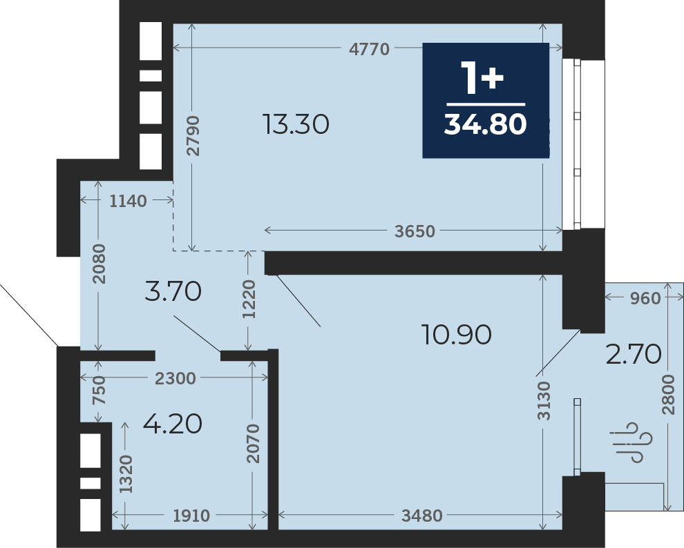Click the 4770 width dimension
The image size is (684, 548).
tap(369, 49)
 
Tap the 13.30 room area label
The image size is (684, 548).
tap(296, 124)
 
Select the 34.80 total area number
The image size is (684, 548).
tap(485, 124)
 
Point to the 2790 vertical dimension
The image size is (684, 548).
tap(192, 136)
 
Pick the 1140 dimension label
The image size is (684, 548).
tap(128, 202)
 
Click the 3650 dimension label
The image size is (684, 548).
tap(415, 231)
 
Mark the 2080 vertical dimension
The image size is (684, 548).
tap(99, 264)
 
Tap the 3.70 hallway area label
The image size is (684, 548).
tap(173, 291)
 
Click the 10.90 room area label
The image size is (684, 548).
tap(457, 335)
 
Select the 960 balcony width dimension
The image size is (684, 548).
tap(645, 298)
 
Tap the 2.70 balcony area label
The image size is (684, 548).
tap(634, 354)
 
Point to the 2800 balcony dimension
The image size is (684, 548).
tap(668, 395)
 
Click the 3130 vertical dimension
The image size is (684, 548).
tap(544, 401)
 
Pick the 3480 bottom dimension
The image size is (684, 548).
tap(422, 516)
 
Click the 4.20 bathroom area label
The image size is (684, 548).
tap(173, 423)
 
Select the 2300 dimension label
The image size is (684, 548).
tap(175, 378)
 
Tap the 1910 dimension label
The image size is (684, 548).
tap(191, 516)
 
